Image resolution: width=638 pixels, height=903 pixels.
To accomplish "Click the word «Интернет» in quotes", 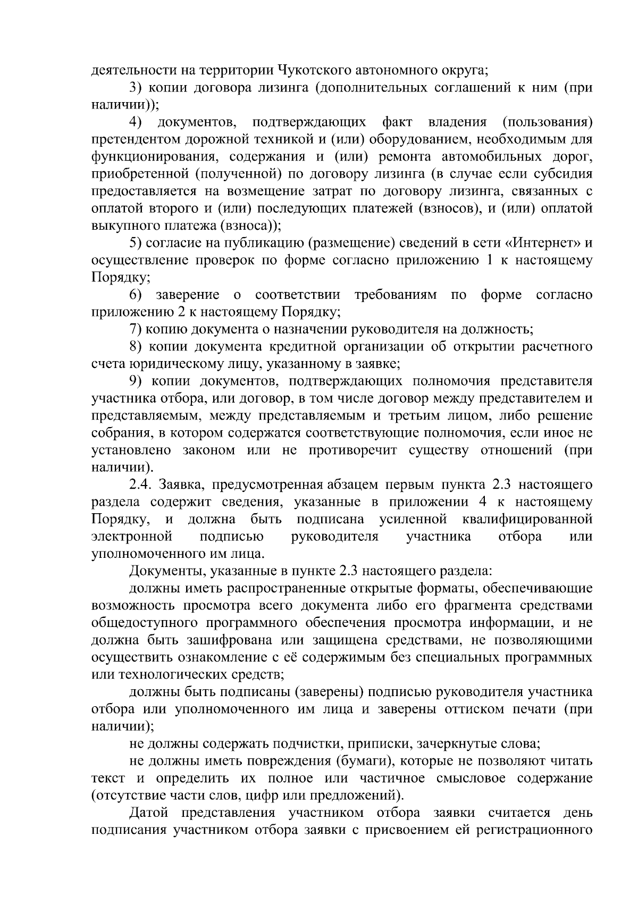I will (544, 243).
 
